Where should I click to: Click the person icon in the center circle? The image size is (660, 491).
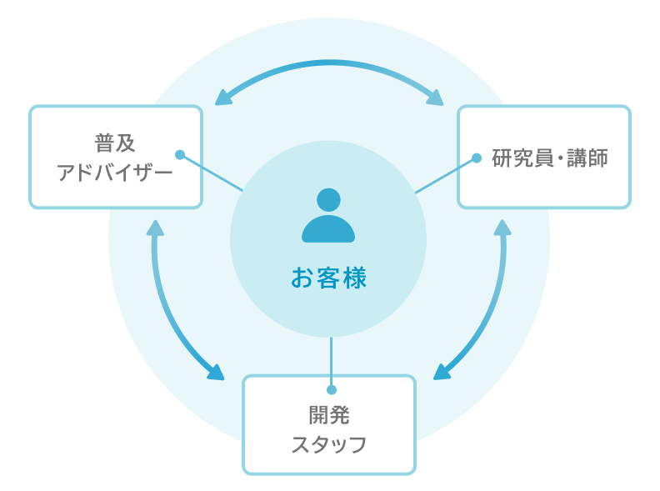[x=328, y=216]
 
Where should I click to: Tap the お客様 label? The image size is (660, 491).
[x=328, y=278]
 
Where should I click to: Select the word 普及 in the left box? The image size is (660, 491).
[x=115, y=144]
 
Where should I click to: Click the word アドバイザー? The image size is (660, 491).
[x=115, y=173]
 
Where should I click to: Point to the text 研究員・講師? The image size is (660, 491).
[x=550, y=158]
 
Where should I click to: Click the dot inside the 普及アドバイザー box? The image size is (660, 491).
[x=179, y=154]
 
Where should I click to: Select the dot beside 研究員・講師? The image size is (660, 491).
[x=477, y=157]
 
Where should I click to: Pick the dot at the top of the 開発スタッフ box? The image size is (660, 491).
[x=331, y=389]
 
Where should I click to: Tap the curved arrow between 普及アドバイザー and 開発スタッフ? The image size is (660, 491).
[x=166, y=308]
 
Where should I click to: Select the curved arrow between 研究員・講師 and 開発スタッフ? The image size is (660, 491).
[x=492, y=308]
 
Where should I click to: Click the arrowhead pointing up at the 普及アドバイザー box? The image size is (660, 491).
[x=155, y=228]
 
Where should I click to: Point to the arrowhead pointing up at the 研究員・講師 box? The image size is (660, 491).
[x=502, y=228]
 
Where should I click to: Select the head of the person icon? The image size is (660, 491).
[x=329, y=200]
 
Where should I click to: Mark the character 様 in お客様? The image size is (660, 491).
[x=354, y=278]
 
